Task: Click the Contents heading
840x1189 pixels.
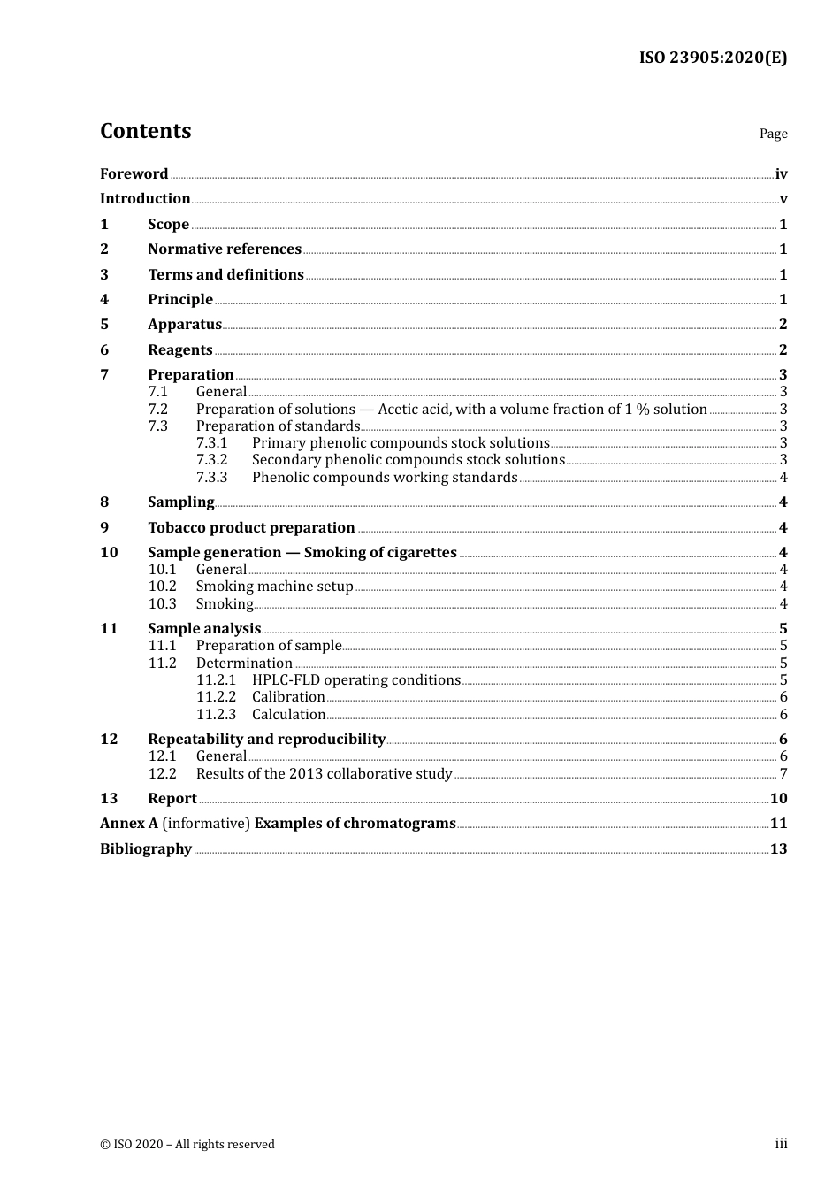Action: tap(145, 131)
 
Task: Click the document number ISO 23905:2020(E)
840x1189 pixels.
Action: tap(713, 58)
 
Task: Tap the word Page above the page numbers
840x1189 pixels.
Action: tap(773, 134)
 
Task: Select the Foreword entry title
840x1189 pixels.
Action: tap(134, 173)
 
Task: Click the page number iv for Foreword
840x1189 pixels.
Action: tap(781, 174)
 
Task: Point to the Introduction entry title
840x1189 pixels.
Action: tap(145, 199)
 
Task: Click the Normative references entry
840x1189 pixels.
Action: tap(225, 249)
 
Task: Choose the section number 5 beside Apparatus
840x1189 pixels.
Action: tap(104, 325)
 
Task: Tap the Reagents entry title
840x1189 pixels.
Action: tap(180, 350)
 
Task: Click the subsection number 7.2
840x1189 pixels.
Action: tap(157, 410)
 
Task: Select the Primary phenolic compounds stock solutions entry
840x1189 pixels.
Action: tap(401, 443)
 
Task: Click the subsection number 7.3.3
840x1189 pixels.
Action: tap(211, 478)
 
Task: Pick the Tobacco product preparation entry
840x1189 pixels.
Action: tap(251, 528)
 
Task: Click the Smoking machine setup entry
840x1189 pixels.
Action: tap(274, 587)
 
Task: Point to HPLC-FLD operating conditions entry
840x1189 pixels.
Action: tap(355, 680)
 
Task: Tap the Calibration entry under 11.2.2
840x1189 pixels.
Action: tap(288, 697)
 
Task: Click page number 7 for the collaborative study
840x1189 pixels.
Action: tap(783, 774)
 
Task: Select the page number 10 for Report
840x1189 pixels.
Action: tap(778, 799)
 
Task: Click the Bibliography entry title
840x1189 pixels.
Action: tap(146, 849)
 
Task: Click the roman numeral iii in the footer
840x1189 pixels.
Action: tap(781, 1144)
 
